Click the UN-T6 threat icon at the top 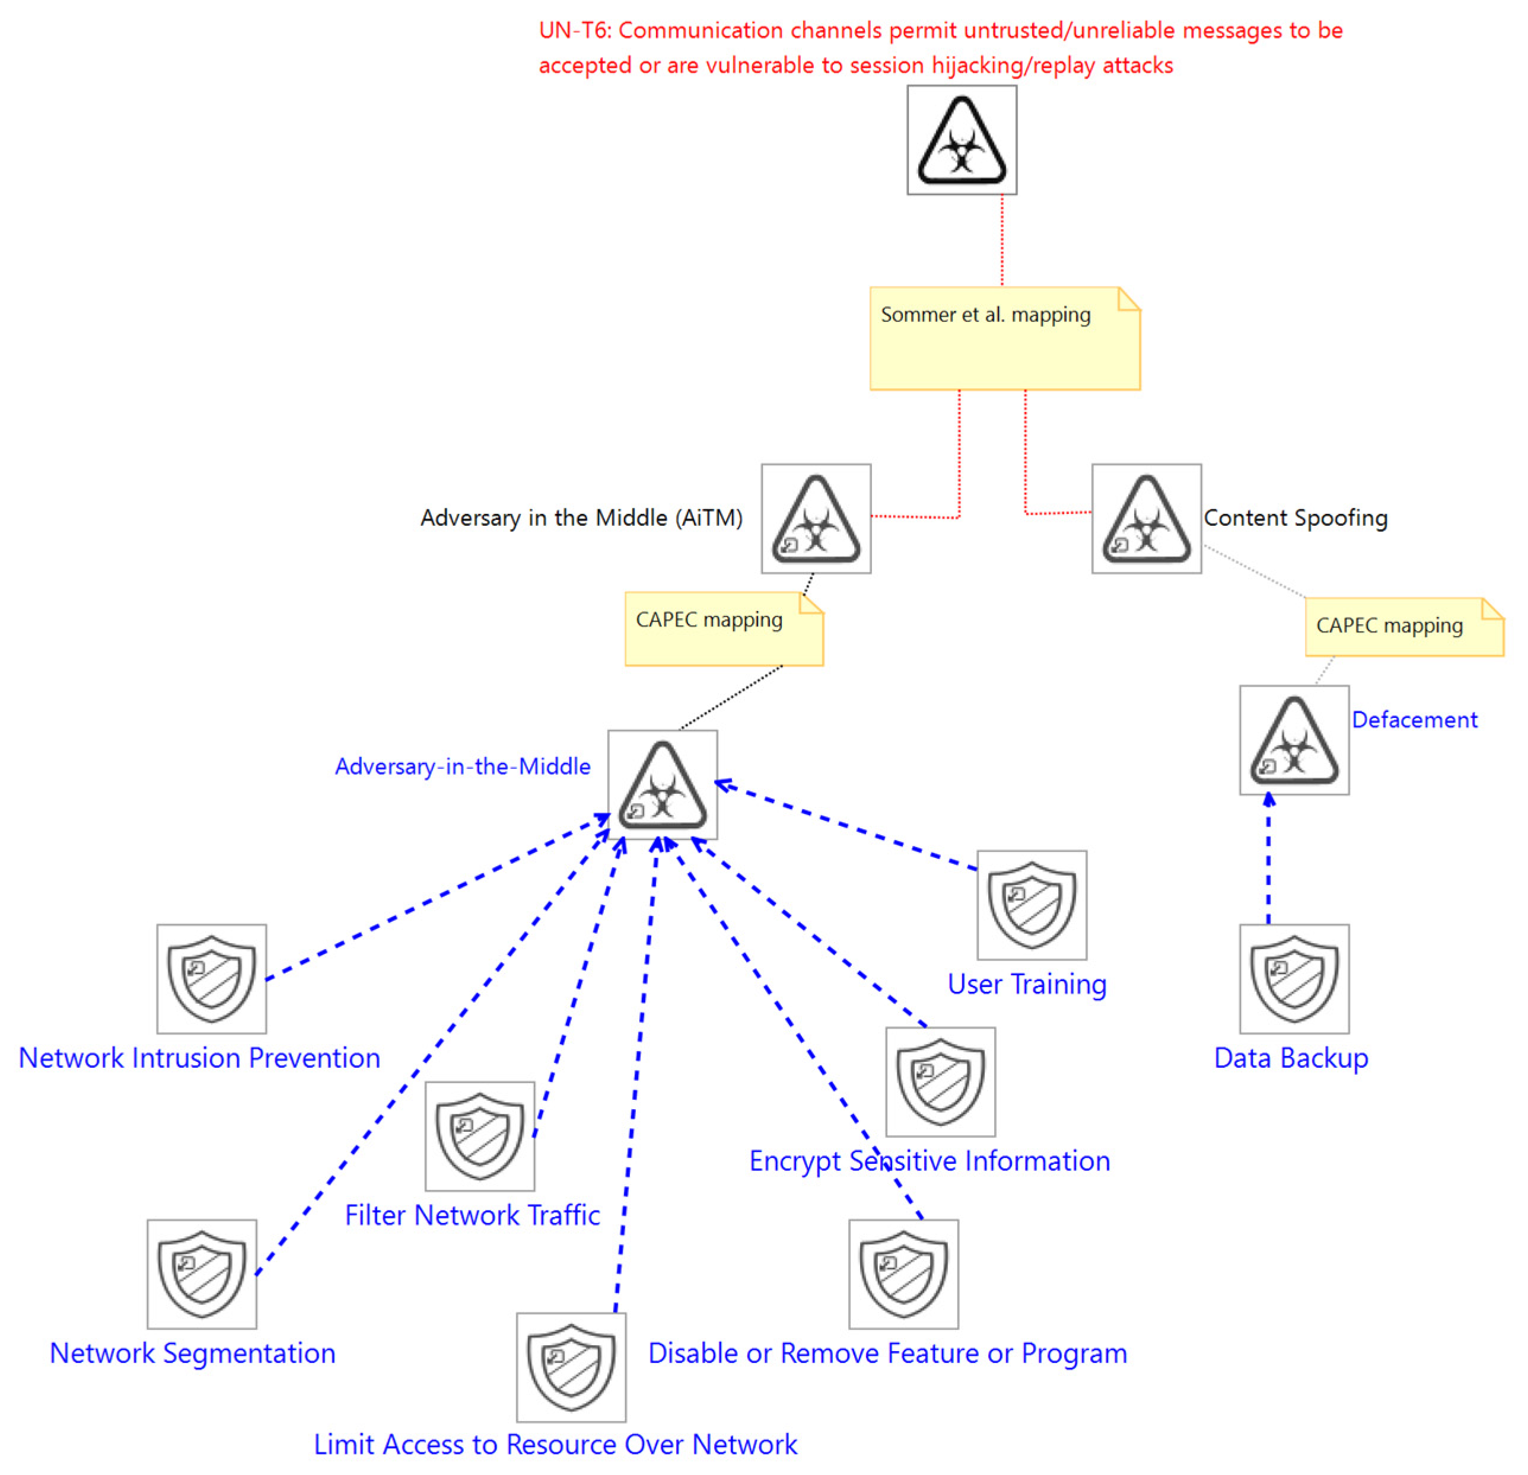click(x=962, y=141)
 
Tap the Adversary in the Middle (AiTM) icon click(x=816, y=519)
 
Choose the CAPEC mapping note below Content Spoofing click(x=1403, y=627)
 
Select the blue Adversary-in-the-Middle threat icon click(x=662, y=785)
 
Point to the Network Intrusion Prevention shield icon click(x=211, y=979)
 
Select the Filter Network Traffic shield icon click(x=479, y=1135)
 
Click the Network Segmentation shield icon click(x=202, y=1274)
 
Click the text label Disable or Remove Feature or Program click(x=887, y=1353)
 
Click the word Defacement click(x=1414, y=719)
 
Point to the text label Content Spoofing click(x=1295, y=518)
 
